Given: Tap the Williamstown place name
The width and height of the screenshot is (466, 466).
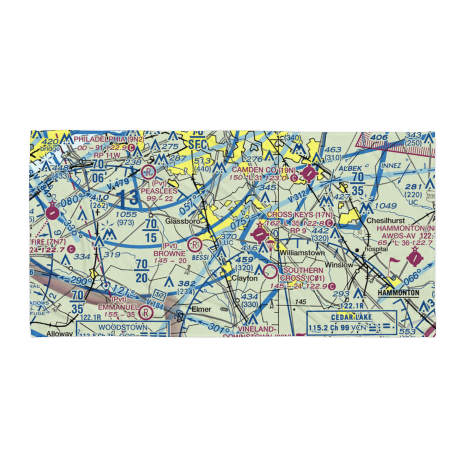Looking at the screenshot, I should pyautogui.click(x=302, y=253).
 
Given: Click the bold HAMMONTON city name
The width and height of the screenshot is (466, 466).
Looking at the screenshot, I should pyautogui.click(x=398, y=293).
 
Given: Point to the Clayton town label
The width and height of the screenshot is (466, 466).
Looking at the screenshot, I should pyautogui.click(x=245, y=278).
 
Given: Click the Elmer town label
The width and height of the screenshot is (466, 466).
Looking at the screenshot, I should pyautogui.click(x=201, y=309).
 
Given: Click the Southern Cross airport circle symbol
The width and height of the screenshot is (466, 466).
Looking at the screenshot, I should pyautogui.click(x=271, y=271).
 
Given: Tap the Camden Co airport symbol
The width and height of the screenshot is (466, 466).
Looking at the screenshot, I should pyautogui.click(x=308, y=175).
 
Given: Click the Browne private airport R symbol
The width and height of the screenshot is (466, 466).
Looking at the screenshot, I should pyautogui.click(x=194, y=243).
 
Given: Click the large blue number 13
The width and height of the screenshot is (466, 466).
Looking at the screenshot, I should pyautogui.click(x=127, y=198).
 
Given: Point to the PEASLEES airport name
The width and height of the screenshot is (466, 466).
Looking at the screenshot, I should pyautogui.click(x=159, y=191).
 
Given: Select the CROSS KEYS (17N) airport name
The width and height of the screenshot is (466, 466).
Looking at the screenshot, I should pyautogui.click(x=300, y=215).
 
